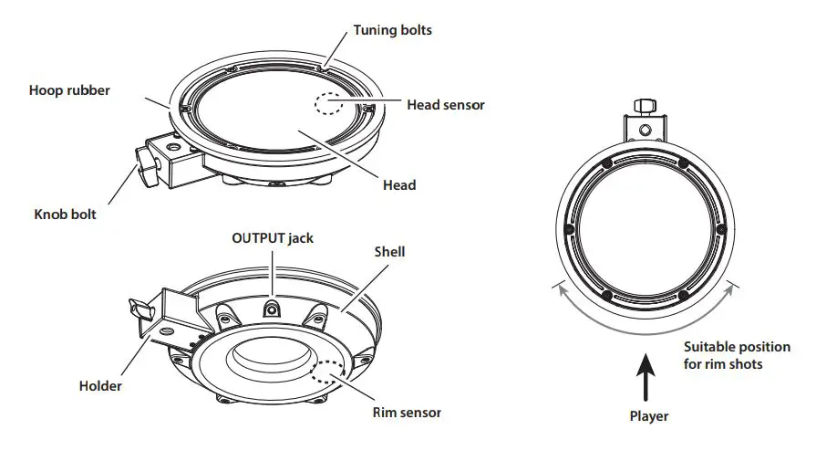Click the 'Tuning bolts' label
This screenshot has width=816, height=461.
[392, 30]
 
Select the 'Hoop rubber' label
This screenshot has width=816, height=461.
[69, 90]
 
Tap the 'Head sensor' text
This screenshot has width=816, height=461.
[445, 105]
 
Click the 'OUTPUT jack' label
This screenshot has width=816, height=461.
[274, 238]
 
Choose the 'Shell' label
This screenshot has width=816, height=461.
[389, 251]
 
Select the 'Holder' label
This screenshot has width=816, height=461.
[100, 385]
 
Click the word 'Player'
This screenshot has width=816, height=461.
[648, 416]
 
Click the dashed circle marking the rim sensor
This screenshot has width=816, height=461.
[327, 373]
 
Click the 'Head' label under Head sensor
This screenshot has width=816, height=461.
[399, 184]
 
